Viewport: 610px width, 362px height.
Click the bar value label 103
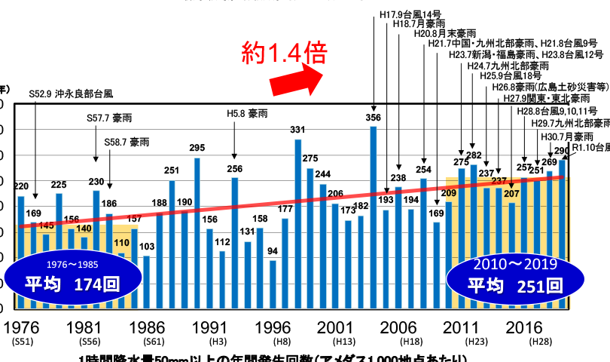pos(148,247)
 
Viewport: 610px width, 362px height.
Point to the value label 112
pos(222,242)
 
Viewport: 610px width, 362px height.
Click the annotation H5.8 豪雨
pos(247,114)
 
